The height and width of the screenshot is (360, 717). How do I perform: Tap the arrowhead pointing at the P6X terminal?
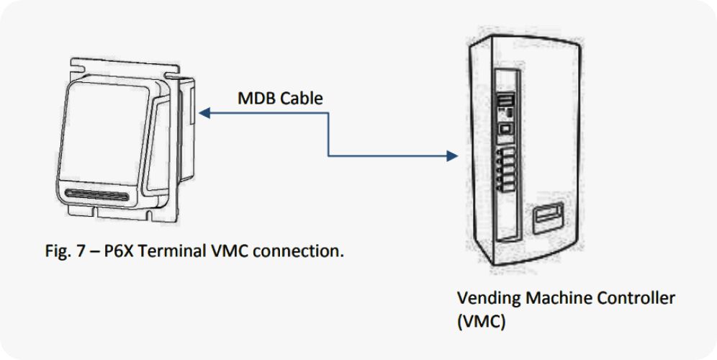(204, 112)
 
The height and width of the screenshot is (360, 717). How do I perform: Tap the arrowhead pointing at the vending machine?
(453, 155)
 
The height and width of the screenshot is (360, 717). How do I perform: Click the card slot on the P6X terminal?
(97, 194)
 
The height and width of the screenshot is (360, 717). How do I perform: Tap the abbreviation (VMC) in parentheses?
(481, 320)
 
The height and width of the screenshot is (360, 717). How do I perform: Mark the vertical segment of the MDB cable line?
(329, 134)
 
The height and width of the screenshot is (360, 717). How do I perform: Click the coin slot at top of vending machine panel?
(506, 100)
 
